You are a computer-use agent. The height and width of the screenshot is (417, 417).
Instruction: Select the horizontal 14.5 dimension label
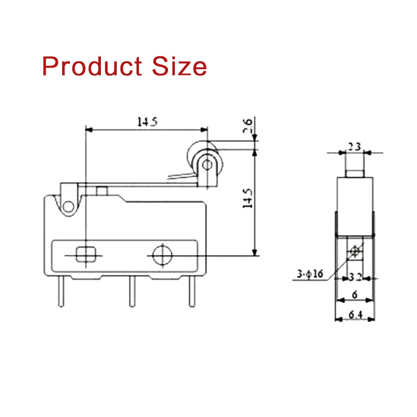tap(147, 122)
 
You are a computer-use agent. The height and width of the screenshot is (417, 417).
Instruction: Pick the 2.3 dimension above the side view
tap(355, 147)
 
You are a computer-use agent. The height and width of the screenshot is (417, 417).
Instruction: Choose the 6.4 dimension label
tap(355, 315)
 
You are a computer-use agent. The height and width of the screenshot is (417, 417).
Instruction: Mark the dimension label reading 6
tap(354, 295)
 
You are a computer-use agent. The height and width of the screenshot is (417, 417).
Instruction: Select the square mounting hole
tap(85, 254)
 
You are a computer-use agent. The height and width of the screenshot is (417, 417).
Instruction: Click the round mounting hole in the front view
tap(162, 255)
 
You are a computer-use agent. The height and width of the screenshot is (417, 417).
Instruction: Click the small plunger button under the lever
tap(101, 191)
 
